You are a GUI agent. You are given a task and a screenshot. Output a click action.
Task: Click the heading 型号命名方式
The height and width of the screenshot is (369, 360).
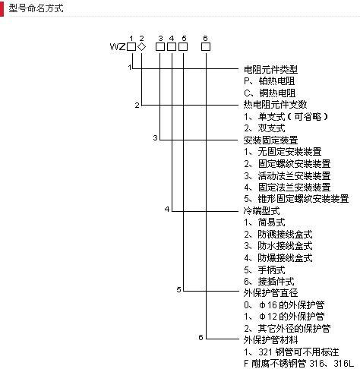point(36,8)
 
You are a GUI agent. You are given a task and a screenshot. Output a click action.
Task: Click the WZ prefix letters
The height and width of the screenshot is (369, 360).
point(118,47)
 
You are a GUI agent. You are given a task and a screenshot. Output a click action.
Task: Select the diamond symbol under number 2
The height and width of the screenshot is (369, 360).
point(142,47)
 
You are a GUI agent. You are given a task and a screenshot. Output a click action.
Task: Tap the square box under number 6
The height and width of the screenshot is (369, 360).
point(206,47)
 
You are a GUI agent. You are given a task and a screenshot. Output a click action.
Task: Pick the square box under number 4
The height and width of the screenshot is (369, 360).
point(172,47)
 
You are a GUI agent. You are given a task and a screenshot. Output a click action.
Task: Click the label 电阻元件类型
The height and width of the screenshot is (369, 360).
point(270,69)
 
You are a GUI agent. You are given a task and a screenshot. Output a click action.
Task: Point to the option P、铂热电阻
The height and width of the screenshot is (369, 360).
point(269,81)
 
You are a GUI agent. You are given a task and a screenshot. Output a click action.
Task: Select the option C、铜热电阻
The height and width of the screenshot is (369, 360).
point(270,93)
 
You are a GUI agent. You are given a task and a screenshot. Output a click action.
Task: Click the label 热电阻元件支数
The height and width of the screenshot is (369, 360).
point(275,105)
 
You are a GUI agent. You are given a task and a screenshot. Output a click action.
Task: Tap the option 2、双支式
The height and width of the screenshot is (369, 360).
point(264,128)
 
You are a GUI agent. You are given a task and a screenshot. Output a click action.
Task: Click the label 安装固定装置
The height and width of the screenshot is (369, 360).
point(270,140)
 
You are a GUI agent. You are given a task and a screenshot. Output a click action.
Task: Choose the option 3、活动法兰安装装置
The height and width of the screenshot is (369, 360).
point(287,175)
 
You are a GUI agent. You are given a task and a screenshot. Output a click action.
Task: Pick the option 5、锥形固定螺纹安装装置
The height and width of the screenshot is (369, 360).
point(296,199)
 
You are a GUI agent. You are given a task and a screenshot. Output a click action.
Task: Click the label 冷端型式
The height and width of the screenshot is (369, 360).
point(261,210)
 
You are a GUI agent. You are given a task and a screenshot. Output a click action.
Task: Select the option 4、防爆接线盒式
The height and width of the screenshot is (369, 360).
point(278,258)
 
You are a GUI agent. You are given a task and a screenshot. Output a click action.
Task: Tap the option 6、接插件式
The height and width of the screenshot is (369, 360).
point(269,281)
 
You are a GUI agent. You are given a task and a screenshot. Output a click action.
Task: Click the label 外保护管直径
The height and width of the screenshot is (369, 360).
point(270,293)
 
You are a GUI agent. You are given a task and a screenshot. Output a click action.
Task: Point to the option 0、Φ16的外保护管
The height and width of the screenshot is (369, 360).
point(284,304)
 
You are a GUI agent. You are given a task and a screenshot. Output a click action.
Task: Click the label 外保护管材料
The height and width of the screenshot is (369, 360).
point(270,340)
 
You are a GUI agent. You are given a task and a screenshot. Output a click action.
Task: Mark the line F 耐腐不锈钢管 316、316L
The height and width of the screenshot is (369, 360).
point(298,364)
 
